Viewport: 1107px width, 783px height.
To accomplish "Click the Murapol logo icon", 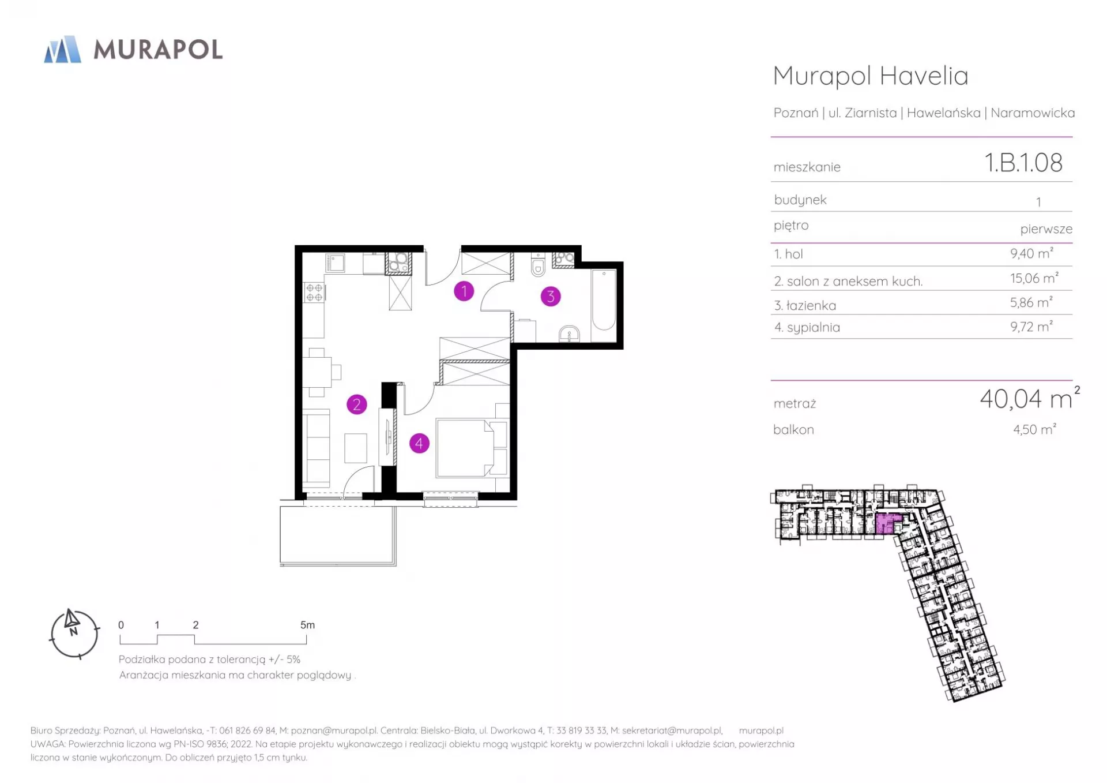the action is [63, 49].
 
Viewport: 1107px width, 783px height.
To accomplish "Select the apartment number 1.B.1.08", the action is [1023, 163].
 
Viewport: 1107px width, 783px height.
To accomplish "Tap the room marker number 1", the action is [464, 291].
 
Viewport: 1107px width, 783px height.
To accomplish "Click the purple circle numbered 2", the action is [357, 404].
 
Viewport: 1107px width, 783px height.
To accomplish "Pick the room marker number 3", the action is [551, 297].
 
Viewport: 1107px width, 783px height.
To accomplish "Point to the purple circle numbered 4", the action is [419, 443].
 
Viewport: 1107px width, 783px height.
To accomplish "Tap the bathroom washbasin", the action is [570, 334].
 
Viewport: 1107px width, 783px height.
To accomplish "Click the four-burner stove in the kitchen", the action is [314, 293].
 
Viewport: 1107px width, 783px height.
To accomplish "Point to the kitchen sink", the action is [335, 263].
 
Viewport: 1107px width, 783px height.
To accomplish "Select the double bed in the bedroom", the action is [466, 449].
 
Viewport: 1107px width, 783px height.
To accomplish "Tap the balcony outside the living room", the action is [338, 535].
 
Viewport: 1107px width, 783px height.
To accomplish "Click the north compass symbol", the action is [74, 634].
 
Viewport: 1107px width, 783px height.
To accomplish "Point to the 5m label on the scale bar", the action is [307, 625].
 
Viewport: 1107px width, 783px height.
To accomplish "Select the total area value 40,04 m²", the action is [1030, 398].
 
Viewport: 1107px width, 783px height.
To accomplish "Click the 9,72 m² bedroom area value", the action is [1031, 327].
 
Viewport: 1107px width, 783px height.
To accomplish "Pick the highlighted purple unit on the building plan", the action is [887, 523].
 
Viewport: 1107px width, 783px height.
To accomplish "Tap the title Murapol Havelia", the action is [871, 76].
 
